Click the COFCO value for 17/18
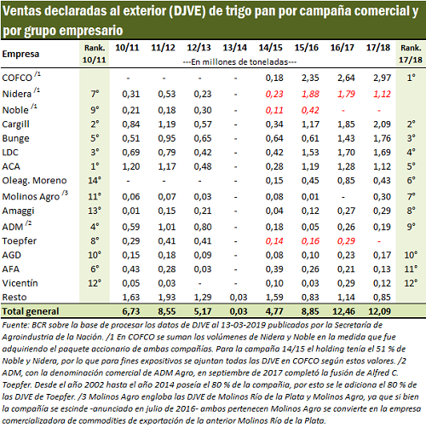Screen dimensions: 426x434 382,78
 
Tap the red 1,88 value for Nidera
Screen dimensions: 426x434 310,94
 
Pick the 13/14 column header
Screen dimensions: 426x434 234,48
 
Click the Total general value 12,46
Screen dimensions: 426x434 343,311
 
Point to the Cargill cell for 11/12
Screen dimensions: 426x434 167,124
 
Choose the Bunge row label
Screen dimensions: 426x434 15,138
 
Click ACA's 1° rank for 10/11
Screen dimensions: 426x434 95,166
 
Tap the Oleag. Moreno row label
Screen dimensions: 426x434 34,180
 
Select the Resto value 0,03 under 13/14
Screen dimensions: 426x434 239,297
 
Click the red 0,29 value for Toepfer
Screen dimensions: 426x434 346,241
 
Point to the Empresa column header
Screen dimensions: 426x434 20,54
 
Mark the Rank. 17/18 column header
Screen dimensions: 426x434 411,54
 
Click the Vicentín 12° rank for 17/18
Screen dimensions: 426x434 411,283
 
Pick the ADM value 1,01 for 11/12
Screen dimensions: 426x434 167,227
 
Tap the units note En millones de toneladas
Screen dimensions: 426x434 239,62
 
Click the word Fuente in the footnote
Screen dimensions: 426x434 16,325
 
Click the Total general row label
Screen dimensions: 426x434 31,311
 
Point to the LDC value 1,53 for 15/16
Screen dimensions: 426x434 310,153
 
